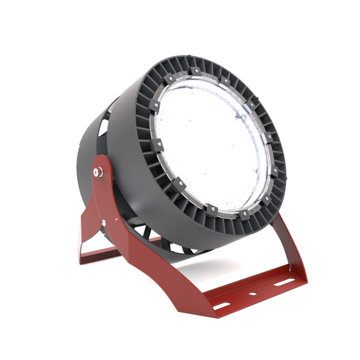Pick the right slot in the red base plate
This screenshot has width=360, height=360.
pos(279,283)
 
